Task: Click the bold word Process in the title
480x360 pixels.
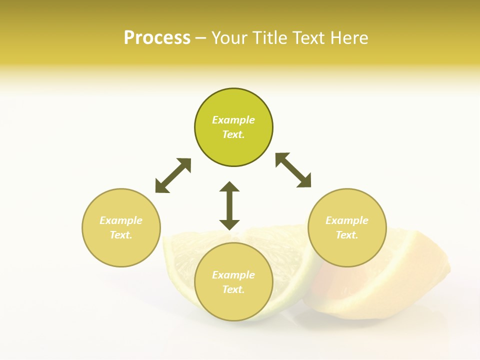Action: click(x=157, y=38)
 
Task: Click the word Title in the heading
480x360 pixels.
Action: click(x=268, y=38)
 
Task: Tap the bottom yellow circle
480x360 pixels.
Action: click(x=233, y=305)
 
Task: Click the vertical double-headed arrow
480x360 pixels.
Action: click(x=229, y=205)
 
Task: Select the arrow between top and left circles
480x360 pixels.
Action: click(x=173, y=175)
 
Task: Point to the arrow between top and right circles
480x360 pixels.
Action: click(x=293, y=170)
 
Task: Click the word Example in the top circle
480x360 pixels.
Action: click(x=233, y=120)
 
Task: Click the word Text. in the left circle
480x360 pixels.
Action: click(x=121, y=235)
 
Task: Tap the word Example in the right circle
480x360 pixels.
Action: click(x=347, y=220)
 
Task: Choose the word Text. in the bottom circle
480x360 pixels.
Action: click(x=233, y=289)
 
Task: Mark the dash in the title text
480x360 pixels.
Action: click(x=200, y=38)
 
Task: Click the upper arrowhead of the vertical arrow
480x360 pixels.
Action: click(x=229, y=187)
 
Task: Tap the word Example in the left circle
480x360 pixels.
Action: click(x=121, y=220)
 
